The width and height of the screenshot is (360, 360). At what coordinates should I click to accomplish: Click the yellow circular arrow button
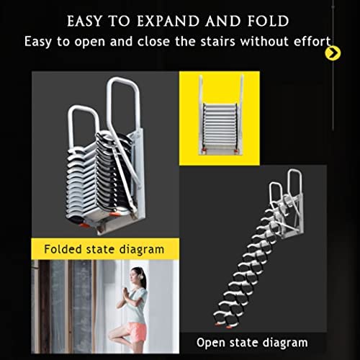pos(332,53)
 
